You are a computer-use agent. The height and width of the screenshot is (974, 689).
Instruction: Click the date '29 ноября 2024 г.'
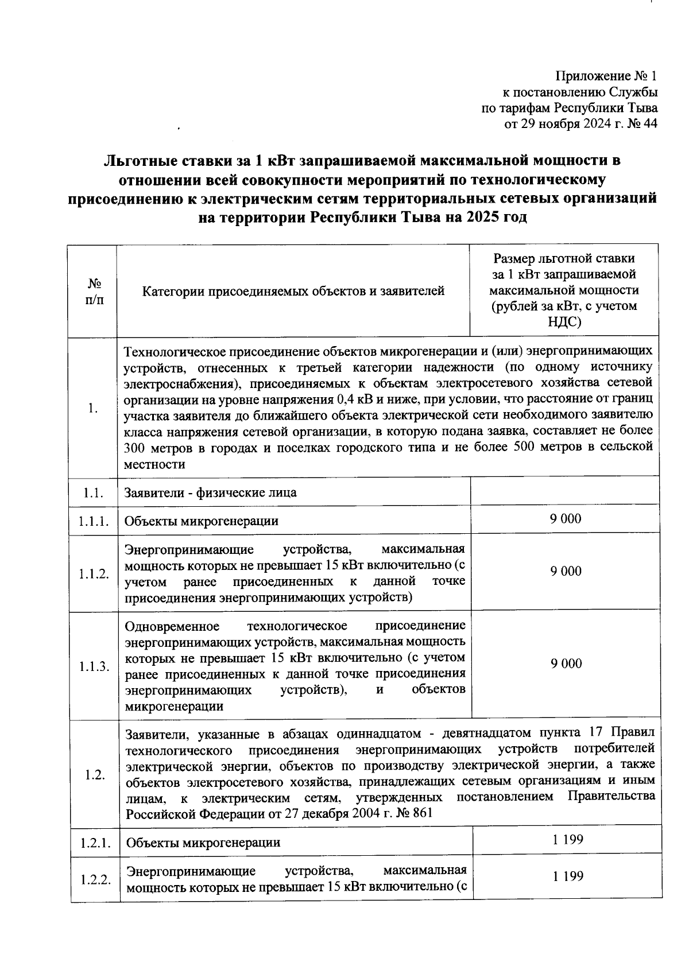pyautogui.click(x=567, y=123)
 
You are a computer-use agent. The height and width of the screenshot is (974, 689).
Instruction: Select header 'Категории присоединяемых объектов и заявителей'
pyautogui.click(x=293, y=292)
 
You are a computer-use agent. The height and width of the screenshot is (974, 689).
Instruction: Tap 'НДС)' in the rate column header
pyautogui.click(x=565, y=322)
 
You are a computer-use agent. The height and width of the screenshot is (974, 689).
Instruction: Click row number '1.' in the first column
pyautogui.click(x=93, y=408)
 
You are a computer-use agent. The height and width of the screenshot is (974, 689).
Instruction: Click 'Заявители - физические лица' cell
pyautogui.click(x=211, y=492)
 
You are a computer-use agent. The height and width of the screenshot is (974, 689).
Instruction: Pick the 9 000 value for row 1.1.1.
pyautogui.click(x=566, y=519)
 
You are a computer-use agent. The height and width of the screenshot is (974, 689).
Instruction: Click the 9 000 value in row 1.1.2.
pyautogui.click(x=566, y=571)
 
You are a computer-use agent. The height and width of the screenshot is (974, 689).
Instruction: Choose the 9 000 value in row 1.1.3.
pyautogui.click(x=566, y=663)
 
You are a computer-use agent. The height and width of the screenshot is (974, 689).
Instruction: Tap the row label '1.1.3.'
pyautogui.click(x=94, y=666)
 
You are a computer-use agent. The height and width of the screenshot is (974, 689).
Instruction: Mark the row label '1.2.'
pyautogui.click(x=94, y=775)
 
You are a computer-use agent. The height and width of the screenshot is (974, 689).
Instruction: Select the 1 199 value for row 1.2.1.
pyautogui.click(x=568, y=840)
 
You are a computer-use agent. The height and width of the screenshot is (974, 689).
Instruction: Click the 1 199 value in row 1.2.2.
pyautogui.click(x=568, y=876)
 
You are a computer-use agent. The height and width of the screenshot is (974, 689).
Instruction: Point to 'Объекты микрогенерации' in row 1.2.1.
pyautogui.click(x=203, y=843)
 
